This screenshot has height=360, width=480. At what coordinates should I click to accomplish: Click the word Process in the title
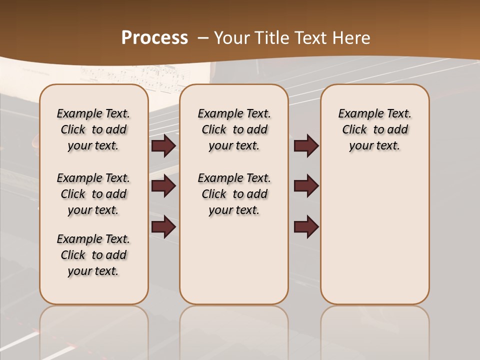pos(154,38)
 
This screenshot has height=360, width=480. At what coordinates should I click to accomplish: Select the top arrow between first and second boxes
pos(163,146)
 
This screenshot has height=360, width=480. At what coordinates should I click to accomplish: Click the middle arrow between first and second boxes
pos(163,186)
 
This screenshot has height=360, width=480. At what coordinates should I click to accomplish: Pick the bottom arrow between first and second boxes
pos(163,226)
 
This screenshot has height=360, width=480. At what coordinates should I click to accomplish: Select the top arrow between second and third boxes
pos(306,146)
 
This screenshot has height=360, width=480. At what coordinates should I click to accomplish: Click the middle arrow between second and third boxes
pos(306,186)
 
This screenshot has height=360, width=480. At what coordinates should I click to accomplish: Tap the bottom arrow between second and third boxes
pos(306,226)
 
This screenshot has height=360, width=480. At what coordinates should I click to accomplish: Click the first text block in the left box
pos(93,129)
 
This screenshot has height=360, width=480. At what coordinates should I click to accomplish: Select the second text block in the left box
pos(93,194)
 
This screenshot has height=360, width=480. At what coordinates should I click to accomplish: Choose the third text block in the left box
pos(93,255)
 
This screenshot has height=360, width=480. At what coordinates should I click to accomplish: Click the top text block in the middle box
pos(234,129)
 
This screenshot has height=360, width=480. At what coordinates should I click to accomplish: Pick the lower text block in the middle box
pos(234,194)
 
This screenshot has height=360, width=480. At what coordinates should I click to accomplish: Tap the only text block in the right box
pos(374,129)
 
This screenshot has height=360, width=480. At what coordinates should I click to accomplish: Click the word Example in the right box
pos(357,113)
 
